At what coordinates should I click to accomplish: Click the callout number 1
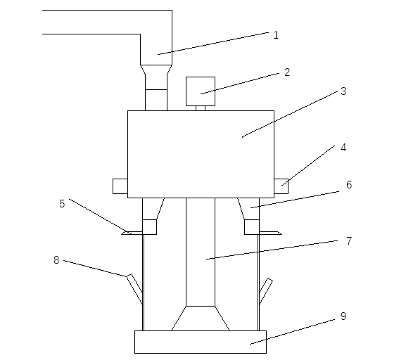[276, 35]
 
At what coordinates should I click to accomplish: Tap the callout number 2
[287, 72]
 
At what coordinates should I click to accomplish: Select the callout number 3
[343, 91]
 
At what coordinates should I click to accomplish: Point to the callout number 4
[343, 148]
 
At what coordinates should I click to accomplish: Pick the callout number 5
[62, 204]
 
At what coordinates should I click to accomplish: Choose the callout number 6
[349, 185]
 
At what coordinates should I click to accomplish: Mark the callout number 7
[349, 241]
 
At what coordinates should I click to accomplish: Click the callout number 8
[56, 260]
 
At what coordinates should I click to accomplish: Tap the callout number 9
[343, 316]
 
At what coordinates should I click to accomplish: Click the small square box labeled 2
[201, 91]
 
